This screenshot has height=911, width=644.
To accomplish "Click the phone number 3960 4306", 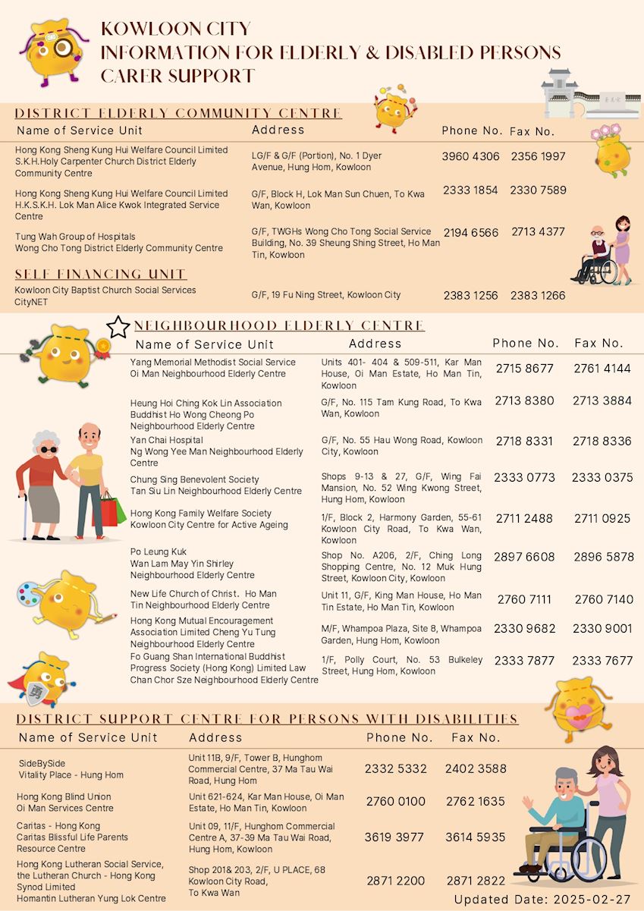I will tap(470, 157).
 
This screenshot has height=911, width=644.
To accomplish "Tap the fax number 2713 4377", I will tap(538, 232).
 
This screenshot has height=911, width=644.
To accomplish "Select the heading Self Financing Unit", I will tap(101, 274).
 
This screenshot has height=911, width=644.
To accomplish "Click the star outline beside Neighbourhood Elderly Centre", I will tap(118, 327).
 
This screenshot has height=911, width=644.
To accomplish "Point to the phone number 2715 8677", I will tap(525, 369).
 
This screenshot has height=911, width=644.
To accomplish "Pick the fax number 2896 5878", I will tap(603, 557).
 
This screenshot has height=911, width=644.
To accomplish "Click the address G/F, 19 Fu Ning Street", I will tap(326, 295).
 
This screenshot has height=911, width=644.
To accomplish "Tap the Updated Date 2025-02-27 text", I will tap(541, 900).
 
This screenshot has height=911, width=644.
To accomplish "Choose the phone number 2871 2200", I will tap(395, 881).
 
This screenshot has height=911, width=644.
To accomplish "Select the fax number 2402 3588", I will tap(476, 768).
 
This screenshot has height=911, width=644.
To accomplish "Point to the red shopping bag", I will tap(108, 510).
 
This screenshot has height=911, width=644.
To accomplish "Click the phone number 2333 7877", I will tap(524, 661).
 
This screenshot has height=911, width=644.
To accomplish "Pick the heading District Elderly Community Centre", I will tap(178, 114).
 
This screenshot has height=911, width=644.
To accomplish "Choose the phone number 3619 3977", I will tap(394, 837).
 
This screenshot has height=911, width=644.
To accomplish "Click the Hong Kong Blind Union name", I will tap(64, 796).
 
